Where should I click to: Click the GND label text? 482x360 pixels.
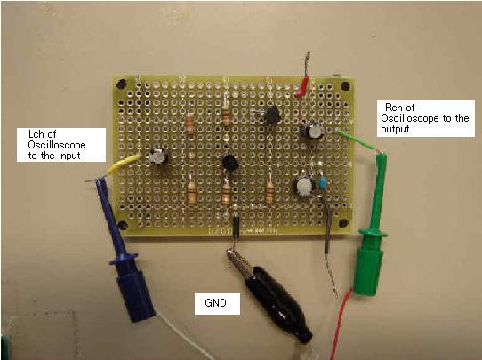(x=215, y=303)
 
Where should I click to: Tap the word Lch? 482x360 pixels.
(x=37, y=134)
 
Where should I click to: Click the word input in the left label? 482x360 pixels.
(x=69, y=156)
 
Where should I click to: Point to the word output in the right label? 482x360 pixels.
(x=395, y=129)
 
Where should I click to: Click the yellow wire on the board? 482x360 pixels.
(x=123, y=164)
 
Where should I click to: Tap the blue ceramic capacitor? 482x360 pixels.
(x=323, y=183)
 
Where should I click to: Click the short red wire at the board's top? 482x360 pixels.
(x=302, y=87)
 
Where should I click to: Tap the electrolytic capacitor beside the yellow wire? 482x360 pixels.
(x=158, y=157)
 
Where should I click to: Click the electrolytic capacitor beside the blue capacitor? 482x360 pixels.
(x=305, y=185)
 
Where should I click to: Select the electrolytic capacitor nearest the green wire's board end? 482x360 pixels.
(x=313, y=131)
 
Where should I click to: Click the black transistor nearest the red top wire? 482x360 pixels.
(x=271, y=115)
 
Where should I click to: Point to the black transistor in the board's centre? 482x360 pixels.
(x=230, y=163)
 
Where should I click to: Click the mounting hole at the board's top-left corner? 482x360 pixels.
(x=122, y=84)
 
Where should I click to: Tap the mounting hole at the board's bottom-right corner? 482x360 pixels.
(x=342, y=223)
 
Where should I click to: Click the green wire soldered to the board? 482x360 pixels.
(x=357, y=140)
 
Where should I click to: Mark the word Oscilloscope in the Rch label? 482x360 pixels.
(x=410, y=118)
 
